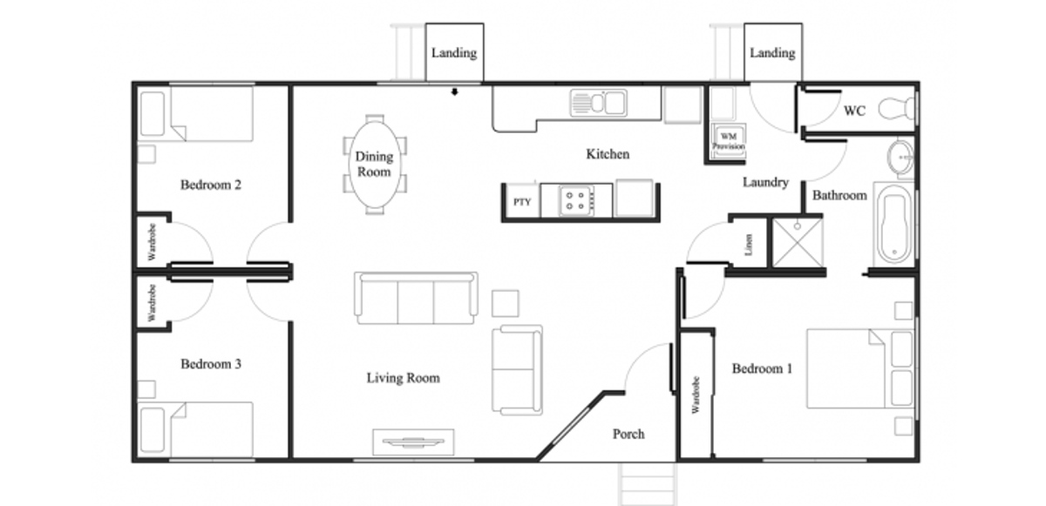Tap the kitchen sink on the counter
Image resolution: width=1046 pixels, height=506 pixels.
[599, 103]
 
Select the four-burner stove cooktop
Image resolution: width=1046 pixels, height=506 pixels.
[577, 200]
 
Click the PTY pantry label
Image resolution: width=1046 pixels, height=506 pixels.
[522, 202]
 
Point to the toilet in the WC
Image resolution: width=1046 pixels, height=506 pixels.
[897, 108]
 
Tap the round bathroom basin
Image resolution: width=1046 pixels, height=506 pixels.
[900, 158]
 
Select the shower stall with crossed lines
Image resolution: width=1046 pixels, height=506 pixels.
[798, 242]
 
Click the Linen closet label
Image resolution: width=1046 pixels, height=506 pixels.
[749, 245]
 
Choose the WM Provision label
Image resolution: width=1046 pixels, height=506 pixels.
[729, 141]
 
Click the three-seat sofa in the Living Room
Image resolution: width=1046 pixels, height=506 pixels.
[416, 298]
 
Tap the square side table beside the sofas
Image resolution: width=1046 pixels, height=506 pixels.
[505, 304]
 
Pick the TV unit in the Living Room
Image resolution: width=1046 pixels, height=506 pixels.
[413, 442]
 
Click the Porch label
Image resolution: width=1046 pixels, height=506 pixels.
[628, 435]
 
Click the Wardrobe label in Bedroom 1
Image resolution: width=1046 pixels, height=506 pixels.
[696, 395]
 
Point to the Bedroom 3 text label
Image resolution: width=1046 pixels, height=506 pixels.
[211, 364]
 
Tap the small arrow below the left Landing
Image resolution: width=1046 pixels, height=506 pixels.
[454, 91]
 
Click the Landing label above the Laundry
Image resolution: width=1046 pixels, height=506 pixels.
[772, 53]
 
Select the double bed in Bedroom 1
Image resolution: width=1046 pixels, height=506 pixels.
[860, 369]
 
